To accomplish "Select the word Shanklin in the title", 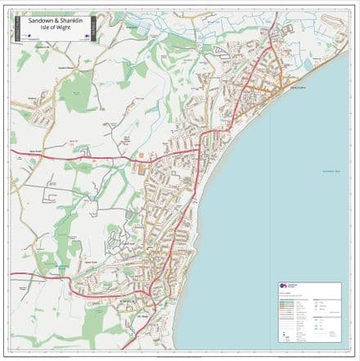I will point(74,21).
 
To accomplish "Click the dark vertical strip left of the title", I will point(14,29).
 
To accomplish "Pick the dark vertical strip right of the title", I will point(94,29).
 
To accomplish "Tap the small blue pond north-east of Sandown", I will point(309,63).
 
